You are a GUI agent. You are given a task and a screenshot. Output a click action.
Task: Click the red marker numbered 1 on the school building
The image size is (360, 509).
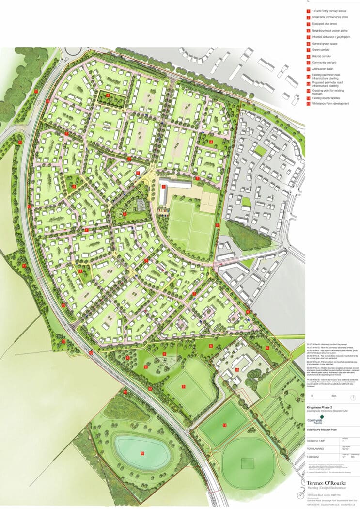pos(163,186)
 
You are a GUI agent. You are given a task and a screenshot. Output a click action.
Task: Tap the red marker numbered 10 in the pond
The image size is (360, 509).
pos(142,453)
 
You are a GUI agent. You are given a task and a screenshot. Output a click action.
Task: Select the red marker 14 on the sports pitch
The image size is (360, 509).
pos(225,425)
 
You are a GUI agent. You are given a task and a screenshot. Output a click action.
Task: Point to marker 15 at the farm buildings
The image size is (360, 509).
pos(237,370)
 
